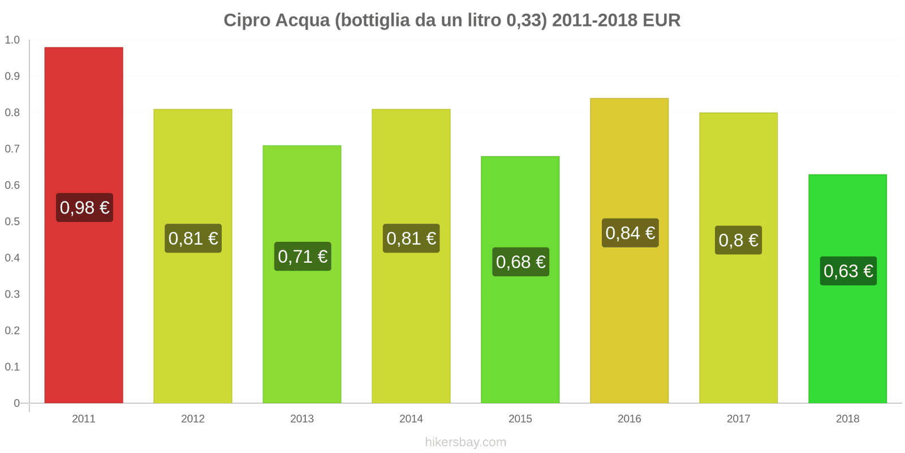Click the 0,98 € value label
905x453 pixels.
(x=84, y=208)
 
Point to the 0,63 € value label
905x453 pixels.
(x=848, y=271)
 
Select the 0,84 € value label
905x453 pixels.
(x=630, y=233)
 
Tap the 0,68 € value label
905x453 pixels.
(x=520, y=262)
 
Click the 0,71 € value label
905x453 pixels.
(x=303, y=257)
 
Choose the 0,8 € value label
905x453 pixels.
(x=738, y=240)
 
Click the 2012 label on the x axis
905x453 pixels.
(x=193, y=419)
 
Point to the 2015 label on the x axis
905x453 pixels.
(x=520, y=419)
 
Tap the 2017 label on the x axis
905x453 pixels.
(x=738, y=419)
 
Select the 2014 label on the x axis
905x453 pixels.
(x=411, y=419)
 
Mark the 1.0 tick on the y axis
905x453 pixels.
(x=12, y=40)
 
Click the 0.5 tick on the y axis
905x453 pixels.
(x=12, y=221)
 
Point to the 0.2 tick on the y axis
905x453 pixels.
(x=12, y=331)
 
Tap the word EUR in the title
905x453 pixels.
(x=662, y=20)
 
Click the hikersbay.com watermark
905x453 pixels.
(x=466, y=442)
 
